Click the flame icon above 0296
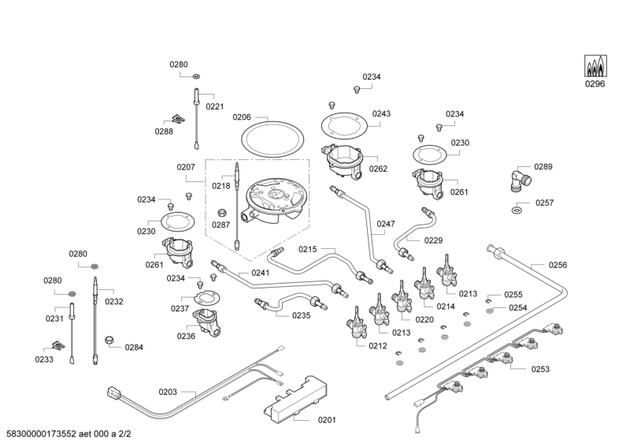click(595, 65)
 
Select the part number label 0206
click(242, 117)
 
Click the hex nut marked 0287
click(222, 211)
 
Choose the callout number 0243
click(381, 113)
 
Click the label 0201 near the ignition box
click(326, 420)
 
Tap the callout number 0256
click(558, 265)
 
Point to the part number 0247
click(385, 224)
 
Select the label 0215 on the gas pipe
click(307, 249)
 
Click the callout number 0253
click(539, 369)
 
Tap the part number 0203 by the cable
click(168, 391)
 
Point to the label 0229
click(433, 240)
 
